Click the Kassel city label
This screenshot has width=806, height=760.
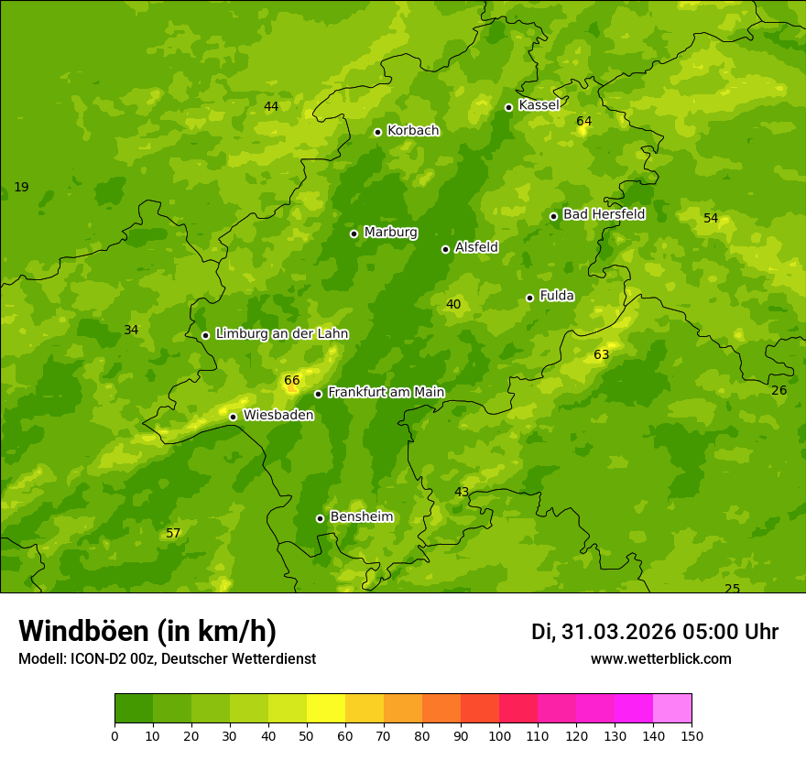tap(539, 105)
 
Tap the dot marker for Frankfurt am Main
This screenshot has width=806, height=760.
tap(318, 394)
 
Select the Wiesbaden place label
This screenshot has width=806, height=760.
tap(278, 415)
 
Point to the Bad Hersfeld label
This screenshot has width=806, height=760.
tap(604, 214)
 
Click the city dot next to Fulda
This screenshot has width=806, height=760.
tap(529, 298)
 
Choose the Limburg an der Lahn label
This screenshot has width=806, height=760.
tap(281, 334)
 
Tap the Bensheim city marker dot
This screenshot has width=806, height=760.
tap(320, 518)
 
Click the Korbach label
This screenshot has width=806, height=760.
tap(413, 131)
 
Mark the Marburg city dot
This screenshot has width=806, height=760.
tap(354, 233)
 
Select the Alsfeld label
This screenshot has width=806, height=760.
tap(476, 247)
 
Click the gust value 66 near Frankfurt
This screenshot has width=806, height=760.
tap(292, 381)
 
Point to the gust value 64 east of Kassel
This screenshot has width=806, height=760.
tap(583, 122)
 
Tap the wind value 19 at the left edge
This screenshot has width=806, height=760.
tap(21, 188)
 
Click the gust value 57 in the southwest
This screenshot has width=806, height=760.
tap(173, 534)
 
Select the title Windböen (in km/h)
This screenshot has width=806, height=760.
tap(147, 631)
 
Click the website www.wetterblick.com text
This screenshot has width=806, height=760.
tap(660, 658)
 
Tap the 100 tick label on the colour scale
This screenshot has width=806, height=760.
tap(499, 735)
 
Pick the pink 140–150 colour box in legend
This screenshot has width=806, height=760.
tap(672, 709)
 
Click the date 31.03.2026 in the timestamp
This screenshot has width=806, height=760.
tap(618, 632)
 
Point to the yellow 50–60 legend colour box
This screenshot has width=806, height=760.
tap(326, 709)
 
